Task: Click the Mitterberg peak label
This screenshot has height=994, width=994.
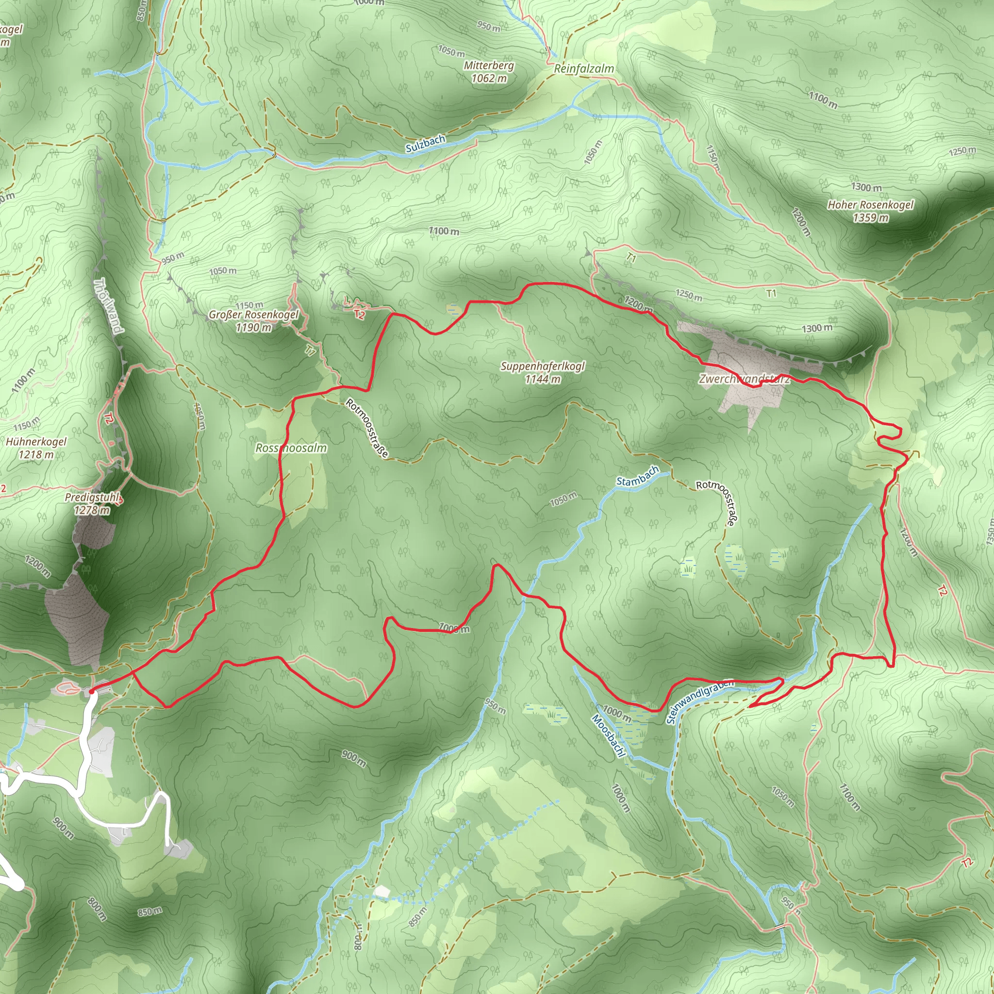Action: [x=488, y=66]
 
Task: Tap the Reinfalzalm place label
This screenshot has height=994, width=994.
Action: [x=583, y=69]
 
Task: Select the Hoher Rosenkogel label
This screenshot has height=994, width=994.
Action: [x=871, y=205]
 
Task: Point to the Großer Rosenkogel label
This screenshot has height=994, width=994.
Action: [x=253, y=315]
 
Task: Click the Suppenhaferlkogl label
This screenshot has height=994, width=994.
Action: [x=542, y=366]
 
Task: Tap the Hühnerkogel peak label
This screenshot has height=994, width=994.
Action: [x=36, y=442]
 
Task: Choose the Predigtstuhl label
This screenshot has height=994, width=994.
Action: [x=92, y=497]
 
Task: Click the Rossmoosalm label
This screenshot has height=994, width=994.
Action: [x=291, y=448]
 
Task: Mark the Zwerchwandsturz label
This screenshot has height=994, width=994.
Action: [x=744, y=379]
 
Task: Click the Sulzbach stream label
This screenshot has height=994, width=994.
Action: [x=425, y=144]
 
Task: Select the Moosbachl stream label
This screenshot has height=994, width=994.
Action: [x=608, y=736]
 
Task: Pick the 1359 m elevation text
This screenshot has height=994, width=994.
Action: [x=871, y=217]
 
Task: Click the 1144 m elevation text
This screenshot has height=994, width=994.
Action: [x=542, y=379]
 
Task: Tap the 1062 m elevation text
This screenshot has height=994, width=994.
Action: [x=488, y=78]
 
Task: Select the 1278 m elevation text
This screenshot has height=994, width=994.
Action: [x=92, y=511]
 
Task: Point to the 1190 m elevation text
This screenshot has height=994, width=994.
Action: [x=253, y=327]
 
